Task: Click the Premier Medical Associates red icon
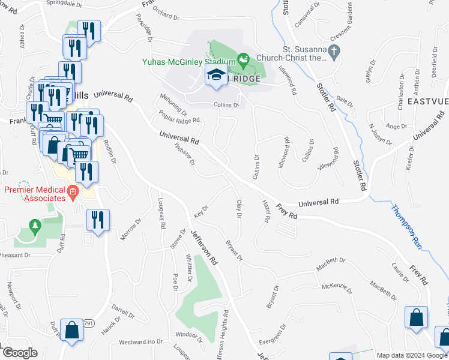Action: [x=73, y=193]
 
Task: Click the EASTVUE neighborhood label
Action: [x=429, y=101]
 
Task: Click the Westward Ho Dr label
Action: [x=141, y=342]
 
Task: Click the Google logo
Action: [x=20, y=353]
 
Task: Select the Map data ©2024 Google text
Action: [x=412, y=355]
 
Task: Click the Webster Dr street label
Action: [x=184, y=154]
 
